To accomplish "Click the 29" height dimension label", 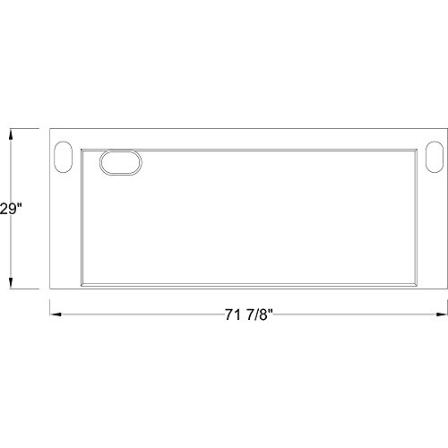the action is tap(11, 209).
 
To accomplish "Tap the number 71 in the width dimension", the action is tap(233, 314).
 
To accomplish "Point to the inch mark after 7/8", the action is tap(271, 311).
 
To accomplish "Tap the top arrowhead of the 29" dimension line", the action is tap(11, 134).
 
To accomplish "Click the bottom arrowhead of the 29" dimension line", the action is tap(11, 283).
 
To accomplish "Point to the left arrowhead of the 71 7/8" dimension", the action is tap(56, 314).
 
